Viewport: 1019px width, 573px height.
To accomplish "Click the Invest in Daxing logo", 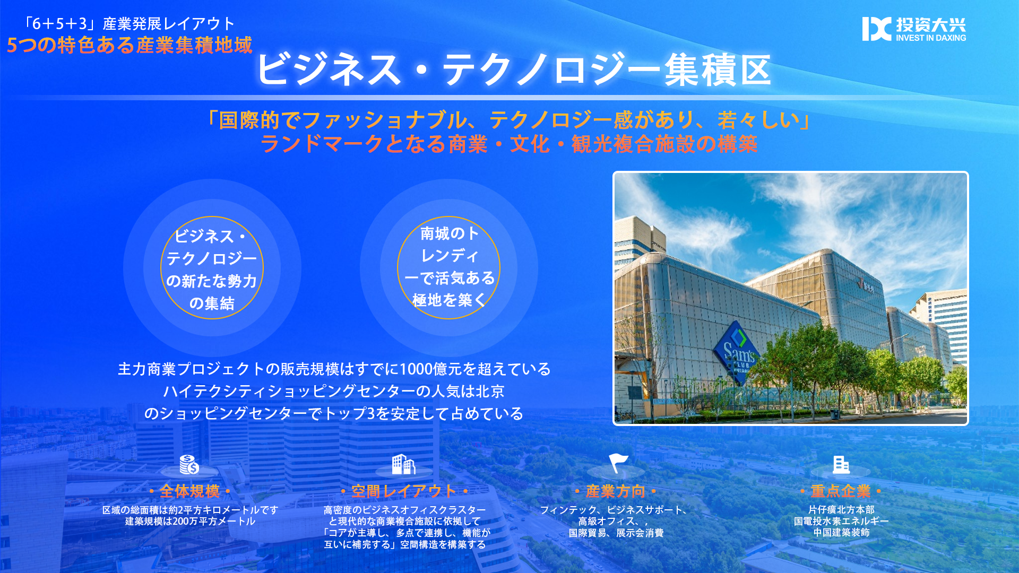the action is pyautogui.click(x=914, y=29).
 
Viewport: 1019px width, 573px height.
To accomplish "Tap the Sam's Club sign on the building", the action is pyautogui.click(x=739, y=350).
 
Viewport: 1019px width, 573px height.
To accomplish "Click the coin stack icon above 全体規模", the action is pyautogui.click(x=189, y=465).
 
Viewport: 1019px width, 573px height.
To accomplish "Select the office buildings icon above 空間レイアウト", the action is pyautogui.click(x=403, y=464).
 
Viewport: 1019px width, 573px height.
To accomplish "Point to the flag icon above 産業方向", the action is pyautogui.click(x=618, y=463).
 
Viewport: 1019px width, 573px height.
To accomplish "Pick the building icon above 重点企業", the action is pyautogui.click(x=841, y=464).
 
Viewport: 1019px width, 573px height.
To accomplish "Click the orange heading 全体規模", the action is pyautogui.click(x=189, y=491).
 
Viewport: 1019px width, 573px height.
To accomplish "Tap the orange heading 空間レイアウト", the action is pyautogui.click(x=403, y=491).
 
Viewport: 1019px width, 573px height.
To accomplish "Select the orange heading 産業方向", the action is pyautogui.click(x=616, y=491).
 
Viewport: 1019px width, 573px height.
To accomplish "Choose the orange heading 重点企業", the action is pyautogui.click(x=841, y=491).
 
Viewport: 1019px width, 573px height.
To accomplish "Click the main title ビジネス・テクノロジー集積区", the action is pyautogui.click(x=513, y=70).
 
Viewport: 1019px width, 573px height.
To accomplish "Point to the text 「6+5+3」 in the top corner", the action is pyautogui.click(x=59, y=24).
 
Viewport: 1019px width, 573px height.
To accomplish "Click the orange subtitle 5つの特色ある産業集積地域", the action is pyautogui.click(x=129, y=45).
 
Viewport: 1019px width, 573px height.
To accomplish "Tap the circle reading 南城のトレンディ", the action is pyautogui.click(x=449, y=267).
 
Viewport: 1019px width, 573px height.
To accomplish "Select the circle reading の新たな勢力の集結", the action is pyautogui.click(x=212, y=267).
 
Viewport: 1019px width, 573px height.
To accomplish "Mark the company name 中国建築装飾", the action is pyautogui.click(x=841, y=532).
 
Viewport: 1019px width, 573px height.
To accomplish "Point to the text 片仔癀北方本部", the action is pyautogui.click(x=841, y=509).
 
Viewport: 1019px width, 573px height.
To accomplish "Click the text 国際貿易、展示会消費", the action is pyautogui.click(x=616, y=533).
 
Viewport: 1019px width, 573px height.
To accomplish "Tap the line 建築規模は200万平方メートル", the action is pyautogui.click(x=190, y=521).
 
